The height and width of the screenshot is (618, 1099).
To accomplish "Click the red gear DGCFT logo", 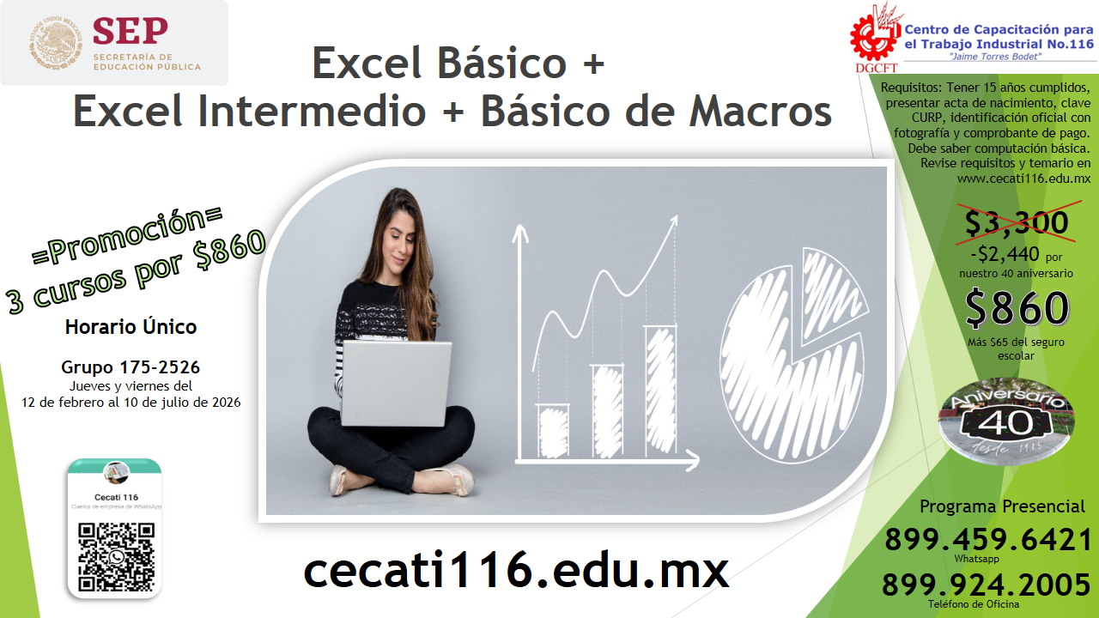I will click(874, 34).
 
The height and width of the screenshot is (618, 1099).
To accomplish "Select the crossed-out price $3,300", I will click(1017, 222).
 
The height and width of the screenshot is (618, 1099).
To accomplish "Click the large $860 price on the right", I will click(1017, 309).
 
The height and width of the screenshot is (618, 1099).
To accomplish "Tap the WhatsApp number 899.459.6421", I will click(988, 540).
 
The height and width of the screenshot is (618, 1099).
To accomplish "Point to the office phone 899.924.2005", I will click(987, 585).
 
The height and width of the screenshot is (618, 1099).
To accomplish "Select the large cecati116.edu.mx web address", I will click(516, 571).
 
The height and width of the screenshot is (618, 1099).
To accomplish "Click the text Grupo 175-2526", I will click(131, 367).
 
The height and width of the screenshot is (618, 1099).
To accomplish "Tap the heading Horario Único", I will click(131, 327).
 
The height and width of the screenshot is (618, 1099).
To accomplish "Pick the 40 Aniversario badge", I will click(1005, 418).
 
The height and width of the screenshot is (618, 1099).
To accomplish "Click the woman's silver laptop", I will click(396, 382).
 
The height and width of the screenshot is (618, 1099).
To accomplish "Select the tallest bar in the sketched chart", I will click(659, 391).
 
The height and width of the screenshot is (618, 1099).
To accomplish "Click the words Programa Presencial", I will click(1002, 506).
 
